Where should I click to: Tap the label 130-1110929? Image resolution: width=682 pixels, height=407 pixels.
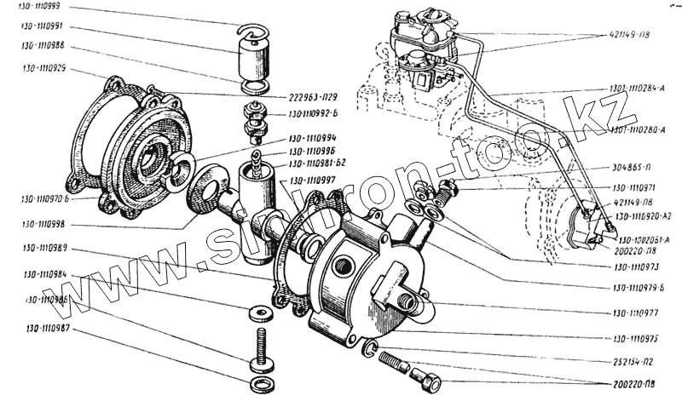point(46,67)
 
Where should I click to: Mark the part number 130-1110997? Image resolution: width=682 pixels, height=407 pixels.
point(313,180)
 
